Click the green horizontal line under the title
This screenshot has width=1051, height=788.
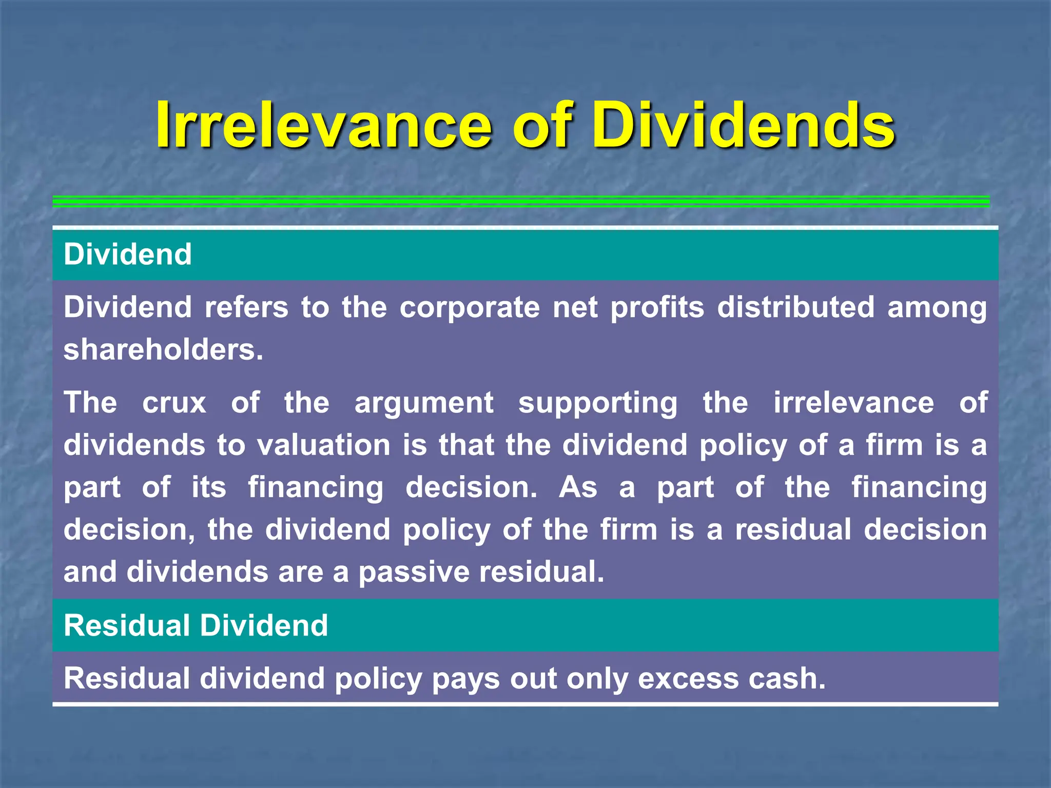click(x=521, y=202)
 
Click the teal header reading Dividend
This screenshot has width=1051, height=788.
click(x=128, y=254)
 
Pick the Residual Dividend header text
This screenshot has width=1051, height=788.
click(x=196, y=625)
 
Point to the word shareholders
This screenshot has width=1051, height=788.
click(x=163, y=350)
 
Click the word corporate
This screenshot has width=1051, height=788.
click(x=469, y=308)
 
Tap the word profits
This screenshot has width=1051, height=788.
click(x=657, y=308)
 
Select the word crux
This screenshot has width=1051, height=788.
click(x=174, y=402)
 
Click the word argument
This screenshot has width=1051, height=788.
click(x=424, y=403)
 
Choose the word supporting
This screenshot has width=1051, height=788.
click(x=598, y=403)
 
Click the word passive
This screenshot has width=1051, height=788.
click(x=414, y=572)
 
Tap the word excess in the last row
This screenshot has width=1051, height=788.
click(x=688, y=678)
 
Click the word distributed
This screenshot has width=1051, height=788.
click(x=795, y=307)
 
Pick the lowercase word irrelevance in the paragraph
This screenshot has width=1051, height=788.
click(x=853, y=402)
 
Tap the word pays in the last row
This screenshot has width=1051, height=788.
click(x=465, y=679)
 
